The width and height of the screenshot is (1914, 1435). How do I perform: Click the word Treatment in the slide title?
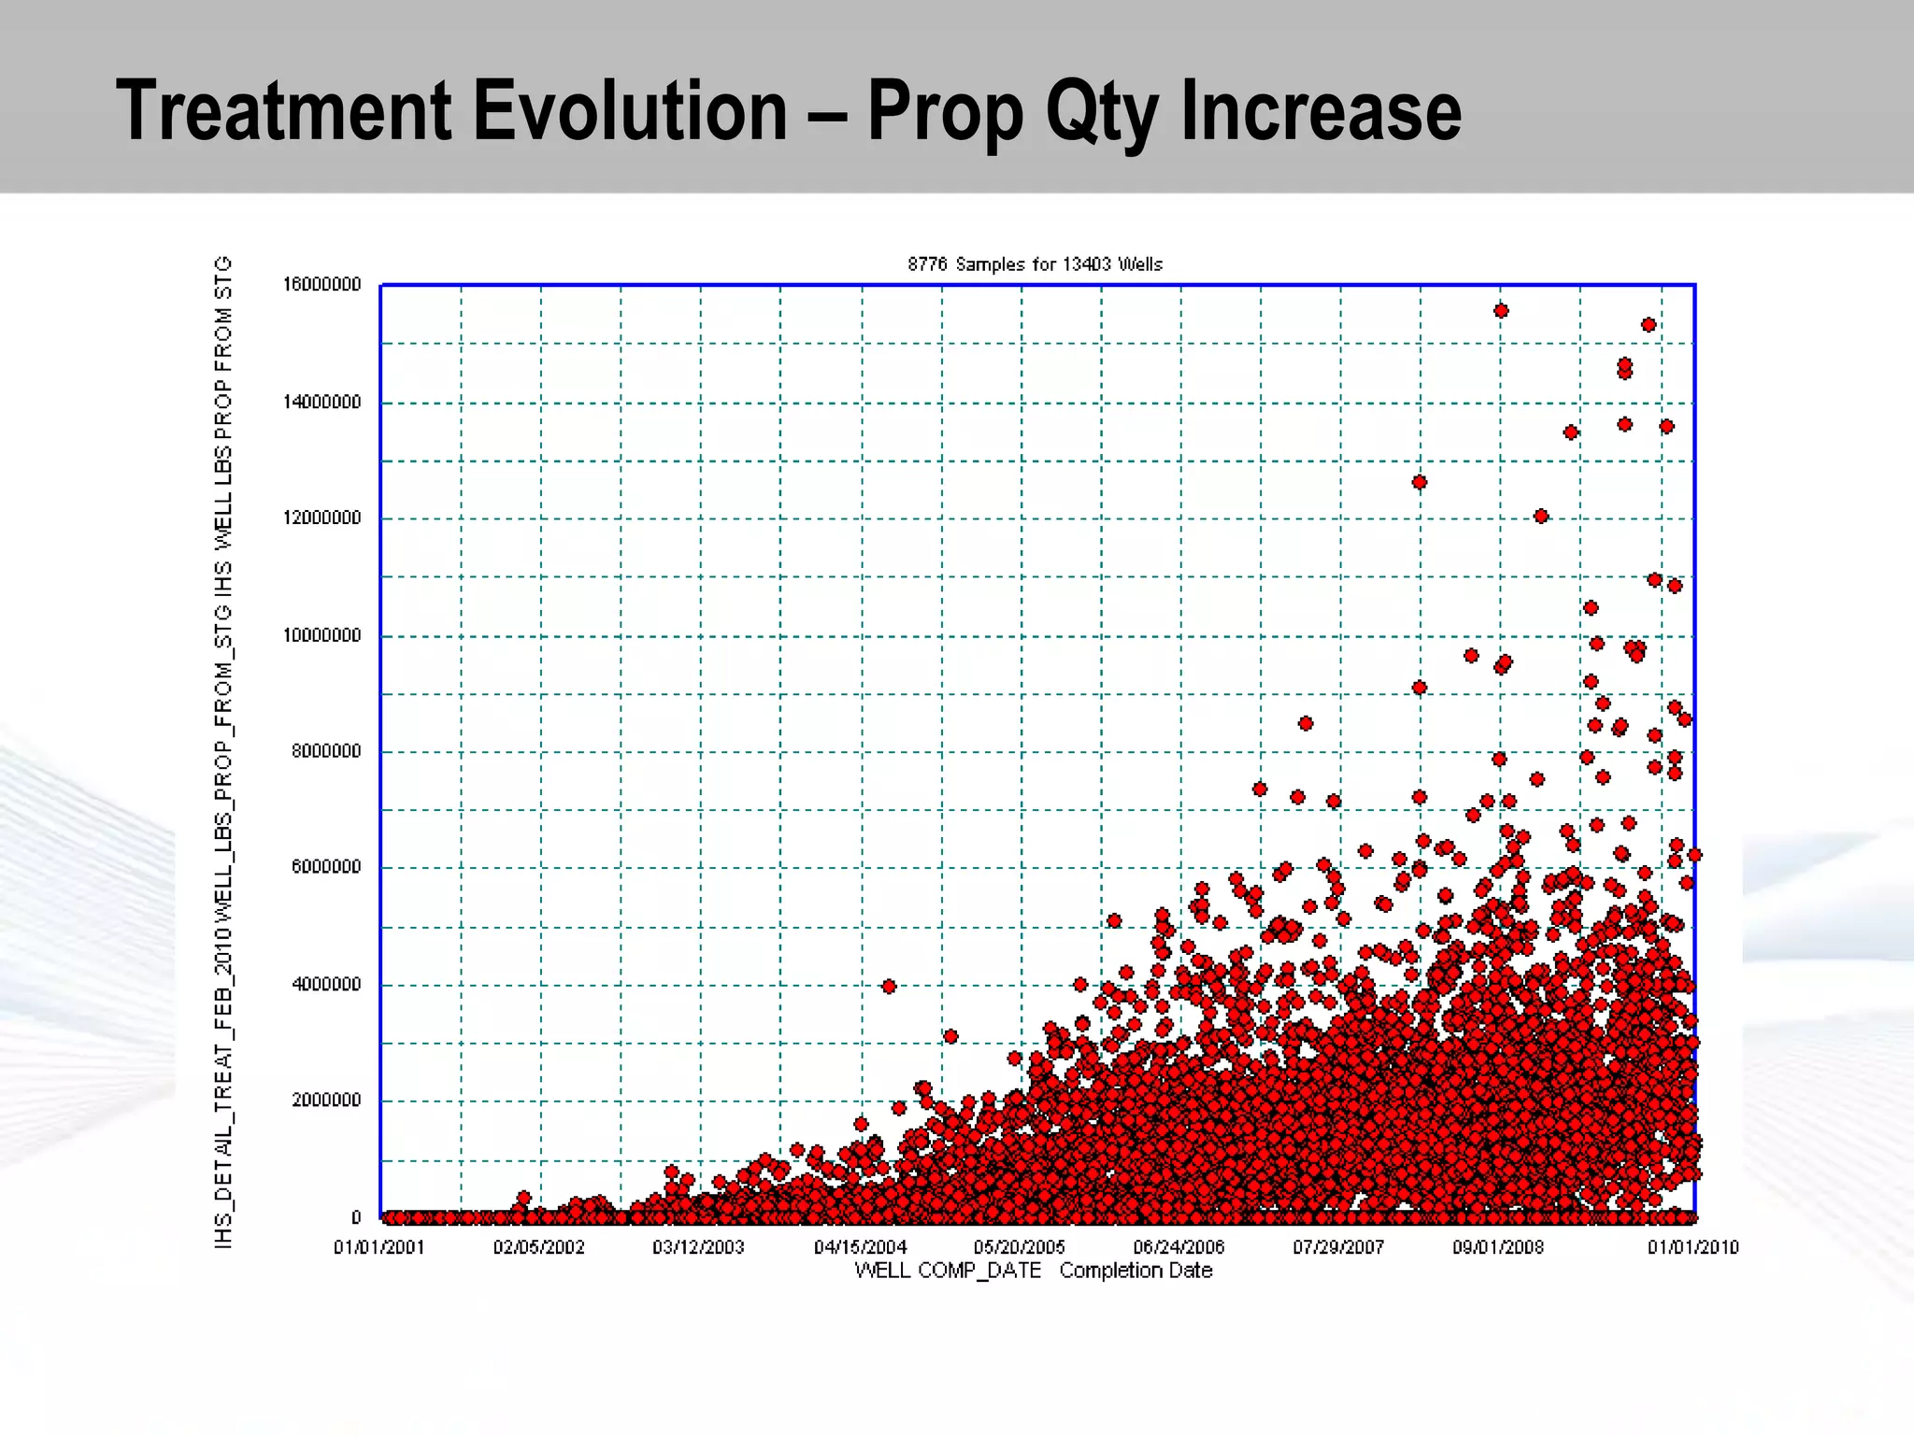(x=286, y=110)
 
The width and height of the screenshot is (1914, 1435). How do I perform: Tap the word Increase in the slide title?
(x=1321, y=110)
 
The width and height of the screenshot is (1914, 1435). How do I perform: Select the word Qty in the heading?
(x=1106, y=112)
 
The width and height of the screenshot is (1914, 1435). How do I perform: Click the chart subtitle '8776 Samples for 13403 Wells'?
(x=1035, y=264)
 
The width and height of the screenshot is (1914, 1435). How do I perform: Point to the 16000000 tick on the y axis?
(x=321, y=285)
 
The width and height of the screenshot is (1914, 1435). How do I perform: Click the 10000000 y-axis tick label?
(x=321, y=636)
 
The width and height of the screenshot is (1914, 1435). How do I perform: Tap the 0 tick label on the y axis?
(x=356, y=1217)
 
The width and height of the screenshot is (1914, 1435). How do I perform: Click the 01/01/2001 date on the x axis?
(x=379, y=1247)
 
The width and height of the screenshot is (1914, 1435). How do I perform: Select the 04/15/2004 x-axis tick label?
(x=860, y=1247)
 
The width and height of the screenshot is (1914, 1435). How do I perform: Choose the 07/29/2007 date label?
(x=1338, y=1247)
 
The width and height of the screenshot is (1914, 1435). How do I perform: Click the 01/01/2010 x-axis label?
(x=1693, y=1247)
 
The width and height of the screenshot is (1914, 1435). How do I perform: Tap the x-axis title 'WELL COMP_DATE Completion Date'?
(x=1033, y=1271)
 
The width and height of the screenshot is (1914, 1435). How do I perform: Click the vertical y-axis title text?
(x=223, y=752)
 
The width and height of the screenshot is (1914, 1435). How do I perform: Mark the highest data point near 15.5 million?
(x=1501, y=311)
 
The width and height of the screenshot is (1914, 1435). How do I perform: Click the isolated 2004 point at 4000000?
(x=889, y=987)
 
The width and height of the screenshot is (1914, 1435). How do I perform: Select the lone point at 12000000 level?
(x=1541, y=517)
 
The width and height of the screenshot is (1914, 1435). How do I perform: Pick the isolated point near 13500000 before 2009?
(x=1571, y=433)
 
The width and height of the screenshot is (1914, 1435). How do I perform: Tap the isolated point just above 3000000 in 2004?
(x=950, y=1036)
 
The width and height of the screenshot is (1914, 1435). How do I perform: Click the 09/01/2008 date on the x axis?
(x=1498, y=1247)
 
